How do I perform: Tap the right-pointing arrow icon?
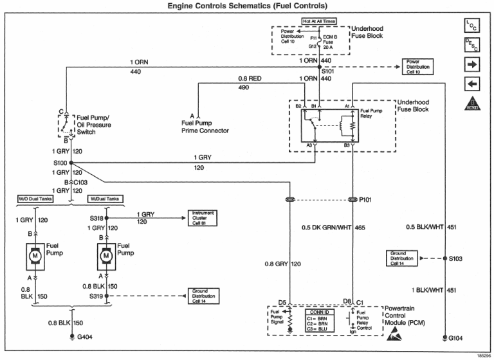[471, 64]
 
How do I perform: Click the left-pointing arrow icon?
[471, 84]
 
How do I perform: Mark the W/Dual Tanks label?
[105, 199]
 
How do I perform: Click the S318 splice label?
[96, 219]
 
